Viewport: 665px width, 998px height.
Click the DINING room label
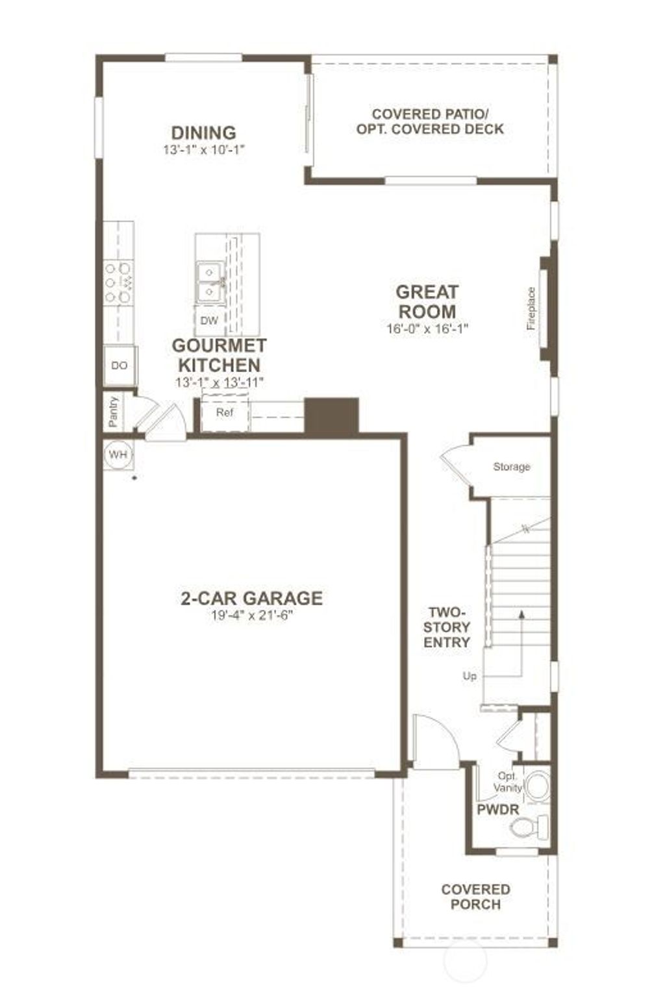click(x=203, y=132)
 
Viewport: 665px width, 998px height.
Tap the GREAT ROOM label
click(x=427, y=301)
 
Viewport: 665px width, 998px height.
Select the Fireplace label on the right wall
click(x=532, y=308)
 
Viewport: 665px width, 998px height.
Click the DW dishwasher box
click(x=209, y=320)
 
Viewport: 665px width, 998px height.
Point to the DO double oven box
click(x=119, y=366)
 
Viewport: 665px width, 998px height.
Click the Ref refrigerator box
click(x=225, y=412)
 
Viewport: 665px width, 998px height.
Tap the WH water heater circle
click(x=118, y=454)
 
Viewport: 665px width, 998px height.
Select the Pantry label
click(x=114, y=412)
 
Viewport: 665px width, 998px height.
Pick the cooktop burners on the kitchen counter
click(x=118, y=282)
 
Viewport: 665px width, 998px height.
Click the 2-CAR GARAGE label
click(x=251, y=597)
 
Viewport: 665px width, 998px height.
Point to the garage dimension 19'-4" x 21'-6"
click(x=251, y=615)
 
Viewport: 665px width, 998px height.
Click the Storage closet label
click(x=511, y=466)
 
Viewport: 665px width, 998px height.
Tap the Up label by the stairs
click(x=470, y=676)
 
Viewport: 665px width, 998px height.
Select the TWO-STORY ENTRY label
click(x=447, y=627)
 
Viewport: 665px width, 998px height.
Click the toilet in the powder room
click(x=530, y=827)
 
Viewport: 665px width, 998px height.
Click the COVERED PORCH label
click(x=475, y=897)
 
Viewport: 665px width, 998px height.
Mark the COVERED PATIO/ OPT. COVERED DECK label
click(x=430, y=121)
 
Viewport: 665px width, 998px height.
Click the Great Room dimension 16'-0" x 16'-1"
click(x=427, y=329)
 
